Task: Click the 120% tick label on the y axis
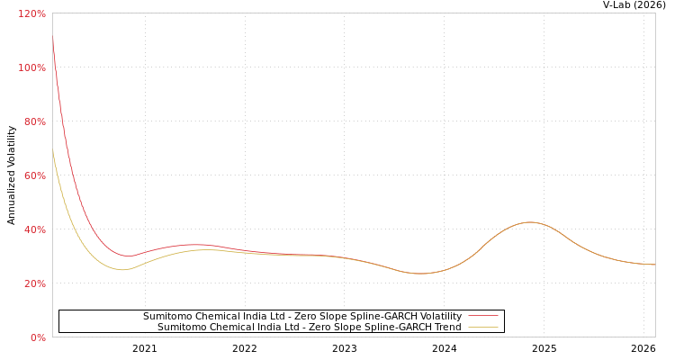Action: (x=31, y=13)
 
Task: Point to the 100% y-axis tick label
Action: (x=31, y=67)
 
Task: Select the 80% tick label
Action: (x=34, y=121)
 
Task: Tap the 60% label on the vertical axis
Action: (x=34, y=175)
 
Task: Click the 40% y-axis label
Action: (x=34, y=229)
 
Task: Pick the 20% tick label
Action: (x=34, y=283)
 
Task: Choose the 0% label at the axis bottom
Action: (x=37, y=337)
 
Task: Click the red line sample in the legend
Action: (x=482, y=316)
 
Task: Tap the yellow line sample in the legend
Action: (x=482, y=327)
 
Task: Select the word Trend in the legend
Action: (x=446, y=327)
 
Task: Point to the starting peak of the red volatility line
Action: (x=52, y=38)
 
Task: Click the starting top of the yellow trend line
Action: (x=52, y=150)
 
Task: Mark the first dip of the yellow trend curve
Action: (x=122, y=269)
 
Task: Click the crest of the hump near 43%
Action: (x=529, y=221)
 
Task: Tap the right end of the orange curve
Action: (x=654, y=265)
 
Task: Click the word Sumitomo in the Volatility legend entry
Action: (x=167, y=316)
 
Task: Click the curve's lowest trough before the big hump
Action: (x=420, y=273)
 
